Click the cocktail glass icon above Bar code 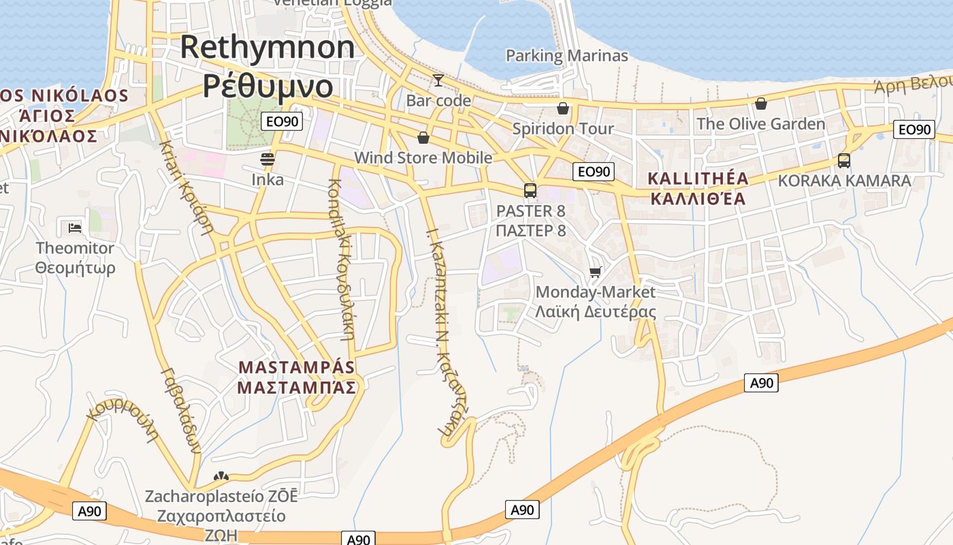438,80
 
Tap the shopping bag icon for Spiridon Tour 563,108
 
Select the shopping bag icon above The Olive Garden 760,104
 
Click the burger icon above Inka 268,159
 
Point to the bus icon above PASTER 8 530,191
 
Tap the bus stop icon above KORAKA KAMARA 844,161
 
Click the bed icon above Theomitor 75,228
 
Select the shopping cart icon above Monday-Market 596,272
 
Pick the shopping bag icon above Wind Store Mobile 423,138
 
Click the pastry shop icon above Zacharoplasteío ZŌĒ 221,476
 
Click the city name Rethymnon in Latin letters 268,47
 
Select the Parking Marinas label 566,56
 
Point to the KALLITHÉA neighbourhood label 698,179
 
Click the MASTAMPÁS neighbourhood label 297,367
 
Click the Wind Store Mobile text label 423,158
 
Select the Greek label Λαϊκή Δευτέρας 596,312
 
